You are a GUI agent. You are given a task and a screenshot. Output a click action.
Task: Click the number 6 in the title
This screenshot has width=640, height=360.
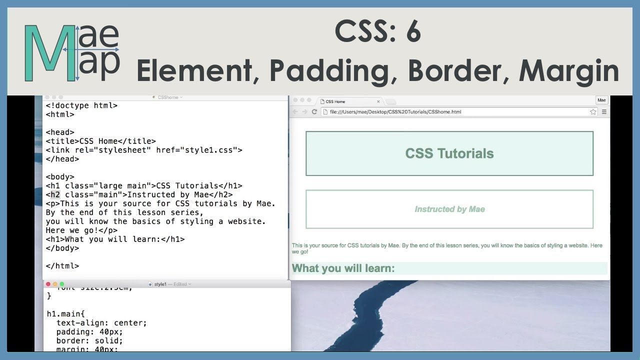point(413,32)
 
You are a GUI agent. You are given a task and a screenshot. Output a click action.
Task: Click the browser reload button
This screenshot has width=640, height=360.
point(314,111)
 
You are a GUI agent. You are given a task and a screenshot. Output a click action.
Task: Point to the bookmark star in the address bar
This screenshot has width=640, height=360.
point(593,111)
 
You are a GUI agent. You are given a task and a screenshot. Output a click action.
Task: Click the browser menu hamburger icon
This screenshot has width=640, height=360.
point(604,111)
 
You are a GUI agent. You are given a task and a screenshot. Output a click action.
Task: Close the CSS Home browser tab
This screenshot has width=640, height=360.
point(378,101)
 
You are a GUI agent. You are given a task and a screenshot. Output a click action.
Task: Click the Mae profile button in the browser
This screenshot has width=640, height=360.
point(601,100)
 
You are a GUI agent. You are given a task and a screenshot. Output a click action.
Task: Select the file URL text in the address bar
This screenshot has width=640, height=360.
point(395,111)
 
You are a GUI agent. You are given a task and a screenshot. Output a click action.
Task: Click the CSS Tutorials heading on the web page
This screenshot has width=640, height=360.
point(449,153)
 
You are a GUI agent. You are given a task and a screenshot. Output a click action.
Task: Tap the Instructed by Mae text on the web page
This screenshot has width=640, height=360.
point(449,209)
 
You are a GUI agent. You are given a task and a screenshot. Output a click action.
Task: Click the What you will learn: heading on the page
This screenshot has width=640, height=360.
point(343,268)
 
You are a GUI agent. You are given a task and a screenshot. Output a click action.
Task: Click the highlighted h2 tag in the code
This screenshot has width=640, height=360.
point(55,194)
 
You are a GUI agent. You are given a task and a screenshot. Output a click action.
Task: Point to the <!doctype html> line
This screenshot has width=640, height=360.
point(81,105)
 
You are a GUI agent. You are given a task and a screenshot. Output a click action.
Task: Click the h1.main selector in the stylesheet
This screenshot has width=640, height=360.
point(65,314)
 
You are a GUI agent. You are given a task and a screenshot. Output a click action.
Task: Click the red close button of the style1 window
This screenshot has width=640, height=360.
point(48,284)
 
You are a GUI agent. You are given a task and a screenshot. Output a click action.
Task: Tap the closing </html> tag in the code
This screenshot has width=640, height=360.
point(62,266)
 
